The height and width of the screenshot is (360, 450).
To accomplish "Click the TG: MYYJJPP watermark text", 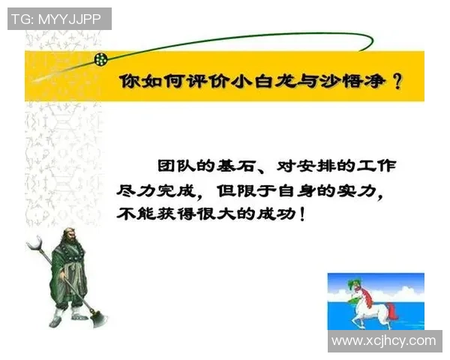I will [x=59, y=19].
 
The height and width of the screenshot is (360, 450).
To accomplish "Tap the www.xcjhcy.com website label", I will [x=383, y=340].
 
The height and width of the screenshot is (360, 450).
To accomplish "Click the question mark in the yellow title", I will [x=396, y=82].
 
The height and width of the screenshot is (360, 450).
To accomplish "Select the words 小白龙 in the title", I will [x=253, y=82].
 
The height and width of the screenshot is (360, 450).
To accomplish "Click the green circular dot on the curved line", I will [x=100, y=58].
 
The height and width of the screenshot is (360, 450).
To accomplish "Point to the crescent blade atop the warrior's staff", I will [x=34, y=243].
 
